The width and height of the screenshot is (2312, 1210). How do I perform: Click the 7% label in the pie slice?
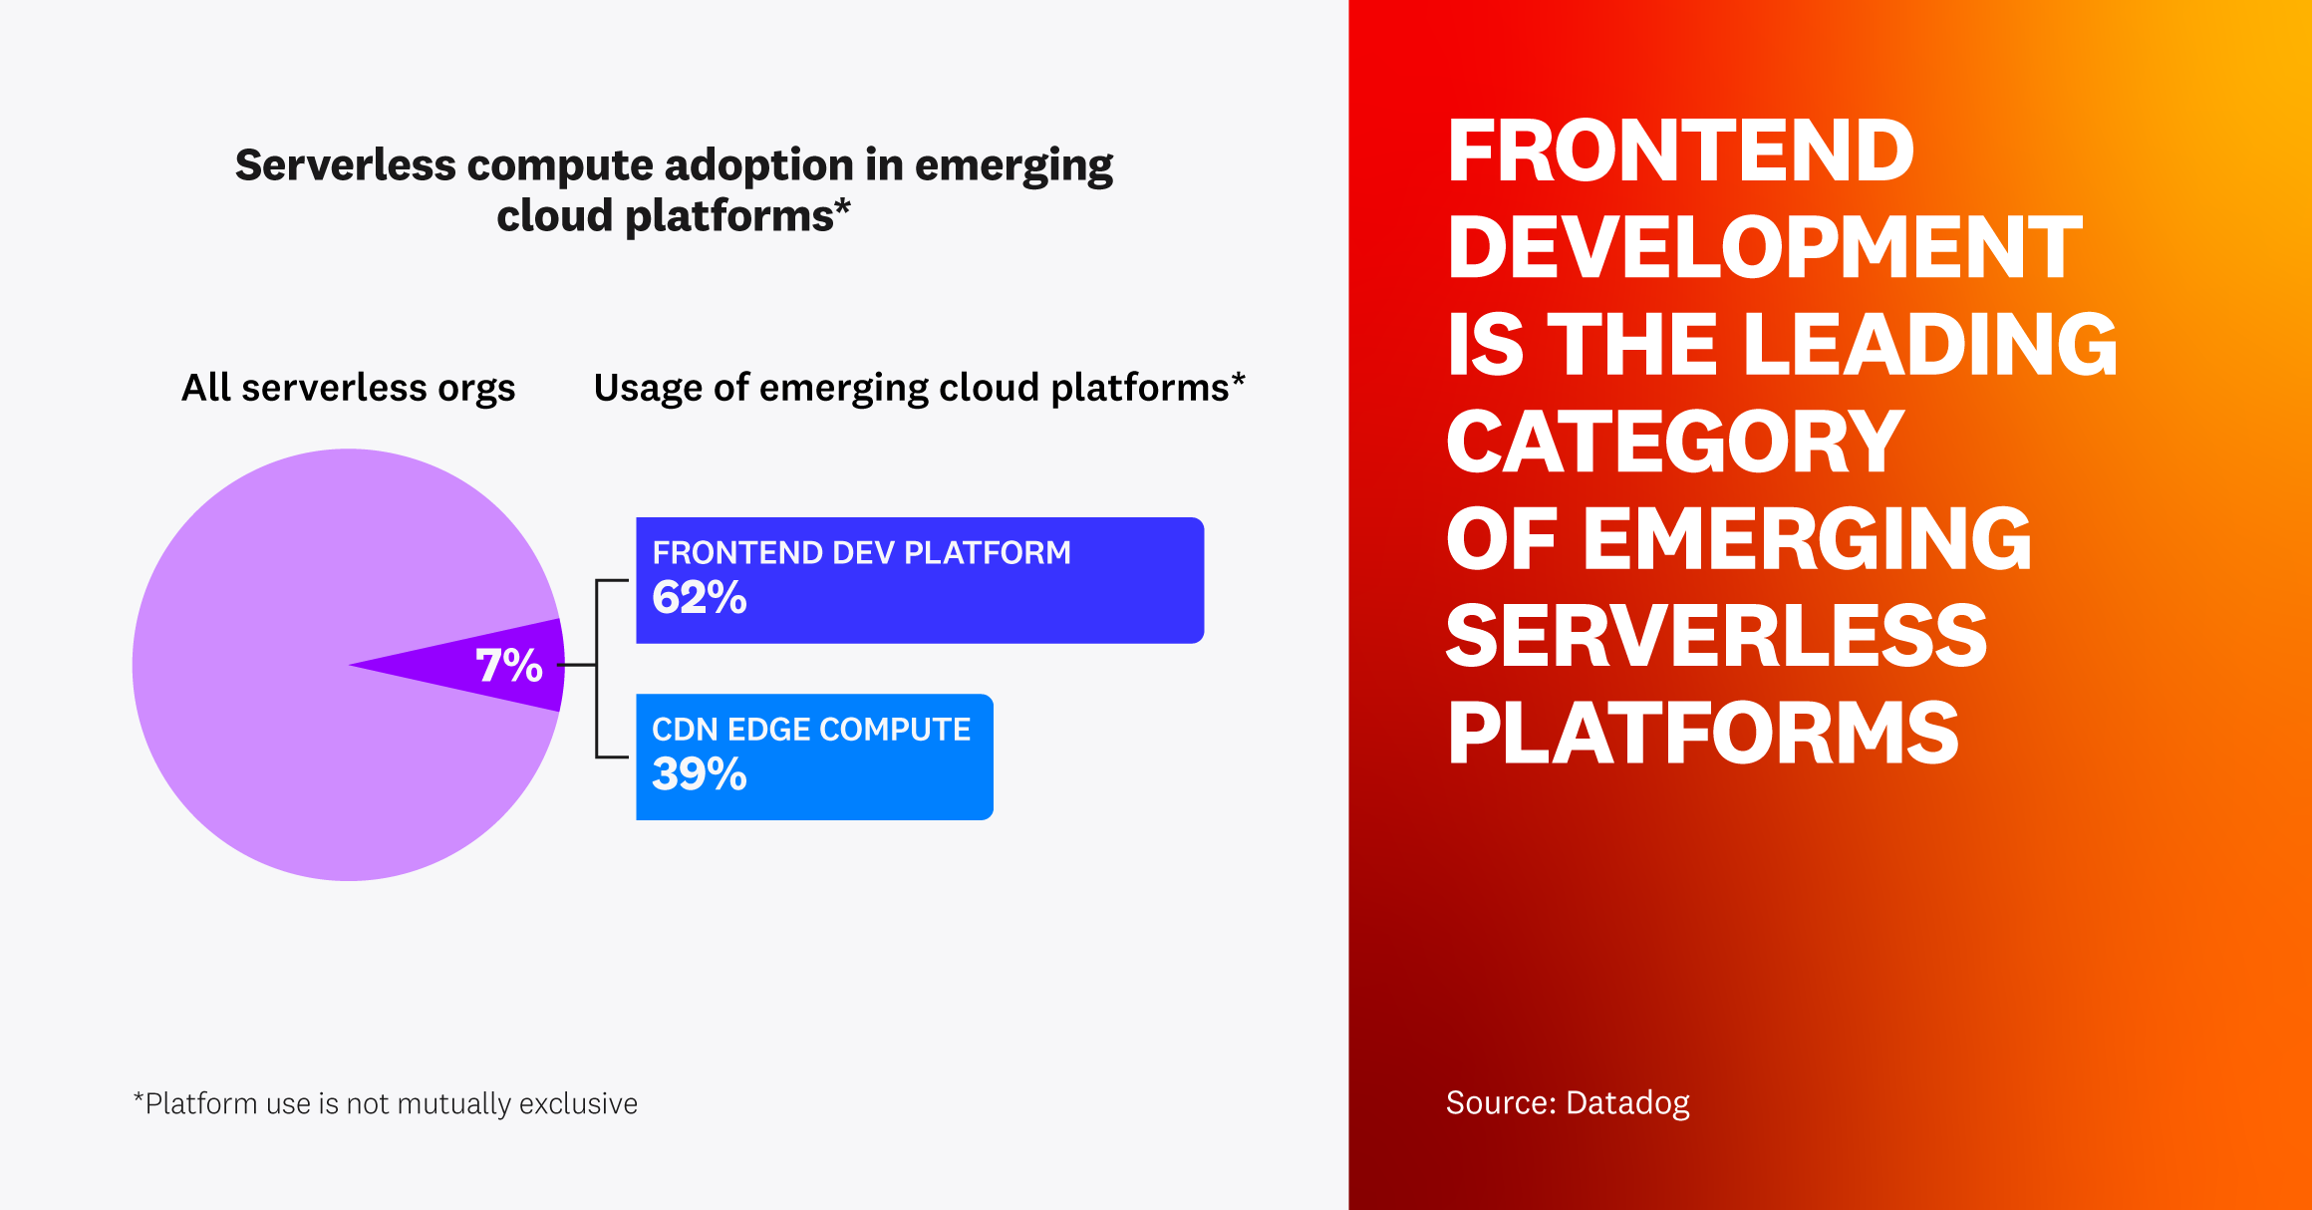508,666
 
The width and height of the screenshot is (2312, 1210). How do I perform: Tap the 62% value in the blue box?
699,598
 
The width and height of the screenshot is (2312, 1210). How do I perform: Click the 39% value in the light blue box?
699,774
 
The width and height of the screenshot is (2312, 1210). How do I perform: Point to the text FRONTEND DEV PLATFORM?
861,553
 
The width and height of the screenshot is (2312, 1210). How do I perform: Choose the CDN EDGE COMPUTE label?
810,730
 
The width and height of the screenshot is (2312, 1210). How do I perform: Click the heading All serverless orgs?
348,388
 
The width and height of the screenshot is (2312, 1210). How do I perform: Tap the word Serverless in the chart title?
345,165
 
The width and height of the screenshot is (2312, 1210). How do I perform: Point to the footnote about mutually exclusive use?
386,1104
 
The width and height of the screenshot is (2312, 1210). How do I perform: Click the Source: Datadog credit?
1567,1103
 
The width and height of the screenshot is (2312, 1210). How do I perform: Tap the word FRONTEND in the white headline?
1680,151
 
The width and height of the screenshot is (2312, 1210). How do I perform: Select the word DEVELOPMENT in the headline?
1764,247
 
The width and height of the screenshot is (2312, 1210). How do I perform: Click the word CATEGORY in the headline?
1675,442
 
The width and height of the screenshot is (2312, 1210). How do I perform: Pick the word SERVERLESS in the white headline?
1716,636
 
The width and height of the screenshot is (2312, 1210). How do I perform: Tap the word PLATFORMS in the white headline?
1702,734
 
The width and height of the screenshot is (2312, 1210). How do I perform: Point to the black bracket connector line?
597,668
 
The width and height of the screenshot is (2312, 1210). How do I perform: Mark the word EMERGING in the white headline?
1807,539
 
